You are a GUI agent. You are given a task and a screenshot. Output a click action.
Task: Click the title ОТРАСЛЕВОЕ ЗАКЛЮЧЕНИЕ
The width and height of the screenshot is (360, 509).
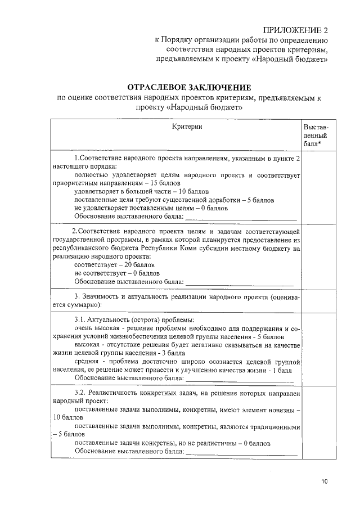pyautogui.click(x=189, y=88)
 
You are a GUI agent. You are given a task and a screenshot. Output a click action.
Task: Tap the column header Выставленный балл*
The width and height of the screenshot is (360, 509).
pyautogui.click(x=316, y=136)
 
